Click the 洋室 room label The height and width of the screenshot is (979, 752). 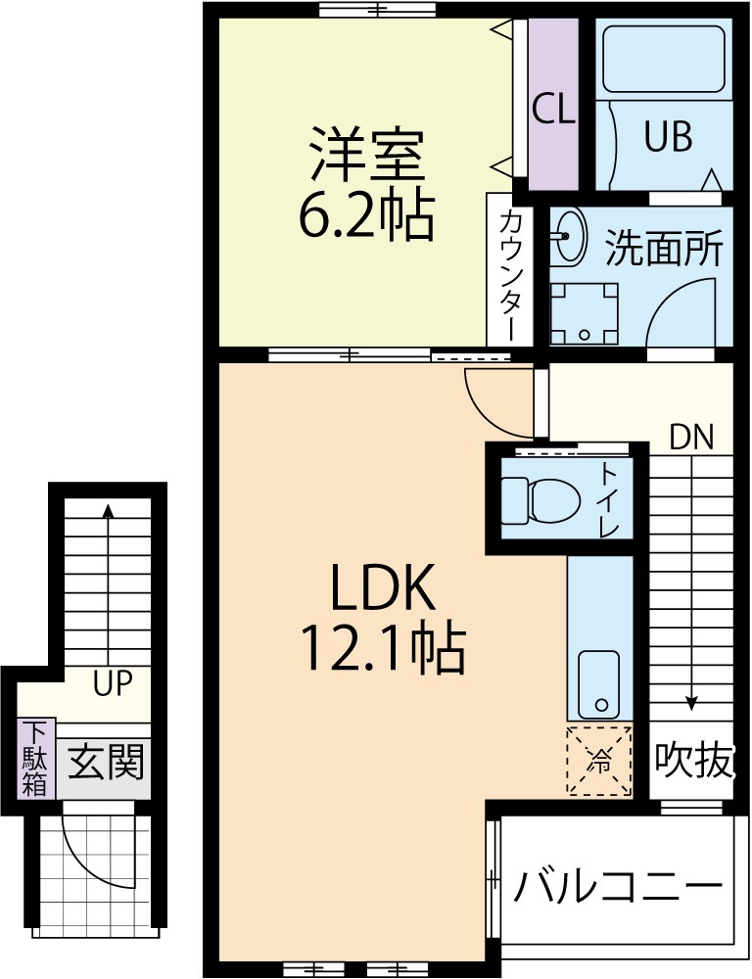pyautogui.click(x=366, y=156)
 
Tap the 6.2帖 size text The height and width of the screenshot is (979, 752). pyautogui.click(x=366, y=216)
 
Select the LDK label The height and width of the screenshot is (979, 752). pyautogui.click(x=381, y=590)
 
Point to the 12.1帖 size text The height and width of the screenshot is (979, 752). pyautogui.click(x=381, y=648)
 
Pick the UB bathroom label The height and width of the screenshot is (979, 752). pyautogui.click(x=668, y=137)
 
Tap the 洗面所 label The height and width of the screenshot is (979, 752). pyautogui.click(x=663, y=250)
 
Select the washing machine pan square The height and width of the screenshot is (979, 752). pyautogui.click(x=584, y=313)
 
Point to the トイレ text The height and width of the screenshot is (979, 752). pyautogui.click(x=608, y=499)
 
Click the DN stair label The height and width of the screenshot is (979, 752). pyautogui.click(x=691, y=437)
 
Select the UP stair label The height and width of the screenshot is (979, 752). pyautogui.click(x=113, y=682)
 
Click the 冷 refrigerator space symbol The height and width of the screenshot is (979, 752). pyautogui.click(x=598, y=759)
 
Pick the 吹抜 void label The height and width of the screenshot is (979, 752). pyautogui.click(x=692, y=761)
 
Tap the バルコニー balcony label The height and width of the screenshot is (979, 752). pyautogui.click(x=619, y=889)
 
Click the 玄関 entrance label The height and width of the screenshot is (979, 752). pyautogui.click(x=106, y=761)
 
